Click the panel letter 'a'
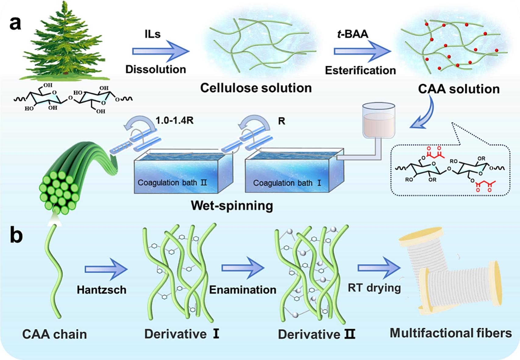point(15,23)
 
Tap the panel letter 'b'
point(16,235)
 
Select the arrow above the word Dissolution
point(161,51)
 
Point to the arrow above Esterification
point(362,51)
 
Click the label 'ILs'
point(152,34)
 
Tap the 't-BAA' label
point(353,34)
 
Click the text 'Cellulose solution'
point(256,88)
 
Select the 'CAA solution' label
point(458,89)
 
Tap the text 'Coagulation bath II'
point(172,183)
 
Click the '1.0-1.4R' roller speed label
point(174,120)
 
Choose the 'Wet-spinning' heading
point(232,206)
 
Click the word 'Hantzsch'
point(102,290)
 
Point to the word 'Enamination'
point(243,290)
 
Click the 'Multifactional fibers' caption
point(451,333)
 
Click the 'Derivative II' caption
point(316,334)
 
